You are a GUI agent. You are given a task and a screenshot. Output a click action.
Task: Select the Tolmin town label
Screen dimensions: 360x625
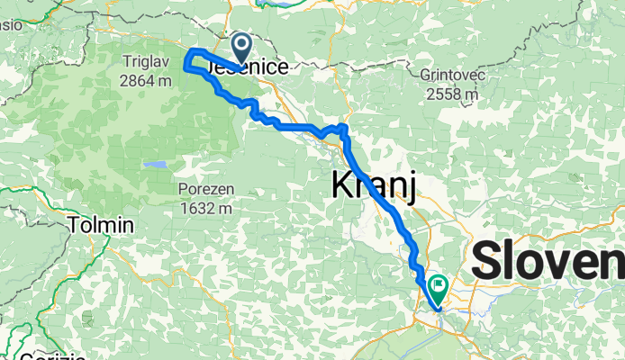103,224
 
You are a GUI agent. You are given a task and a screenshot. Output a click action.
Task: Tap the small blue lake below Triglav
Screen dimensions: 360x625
155,166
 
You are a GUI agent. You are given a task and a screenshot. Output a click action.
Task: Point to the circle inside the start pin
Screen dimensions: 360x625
242,42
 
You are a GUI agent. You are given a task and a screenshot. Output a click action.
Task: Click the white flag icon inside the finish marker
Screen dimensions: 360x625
439,285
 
